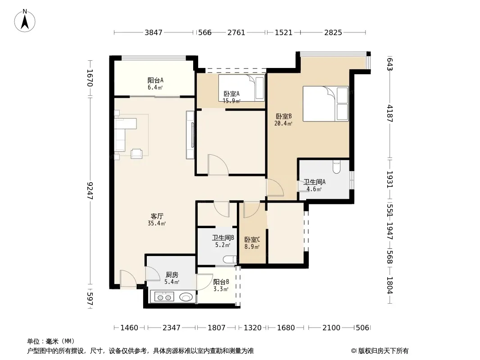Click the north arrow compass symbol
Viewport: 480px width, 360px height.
click(25, 21)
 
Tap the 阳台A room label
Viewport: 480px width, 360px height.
click(155, 81)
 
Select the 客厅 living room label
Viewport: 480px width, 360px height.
click(157, 216)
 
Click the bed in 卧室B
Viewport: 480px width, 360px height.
click(326, 103)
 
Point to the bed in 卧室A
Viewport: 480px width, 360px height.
click(241, 88)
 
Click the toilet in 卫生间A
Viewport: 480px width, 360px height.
click(336, 166)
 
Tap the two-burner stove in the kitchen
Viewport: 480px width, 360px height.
click(164, 297)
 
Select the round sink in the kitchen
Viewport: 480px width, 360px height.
click(186, 297)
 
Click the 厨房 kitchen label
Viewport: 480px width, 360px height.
click(172, 275)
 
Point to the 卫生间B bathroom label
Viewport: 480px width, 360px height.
click(223, 238)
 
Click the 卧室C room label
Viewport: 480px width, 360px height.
click(252, 240)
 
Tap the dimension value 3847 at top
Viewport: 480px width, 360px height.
click(154, 32)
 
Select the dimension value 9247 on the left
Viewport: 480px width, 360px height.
click(90, 190)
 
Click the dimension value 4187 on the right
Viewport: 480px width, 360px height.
click(389, 113)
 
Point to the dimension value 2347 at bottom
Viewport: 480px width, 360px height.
click(172, 328)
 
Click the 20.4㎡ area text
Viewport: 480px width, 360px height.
click(283, 124)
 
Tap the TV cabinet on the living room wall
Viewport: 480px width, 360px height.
click(190, 135)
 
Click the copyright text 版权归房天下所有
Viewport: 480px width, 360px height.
click(383, 351)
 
